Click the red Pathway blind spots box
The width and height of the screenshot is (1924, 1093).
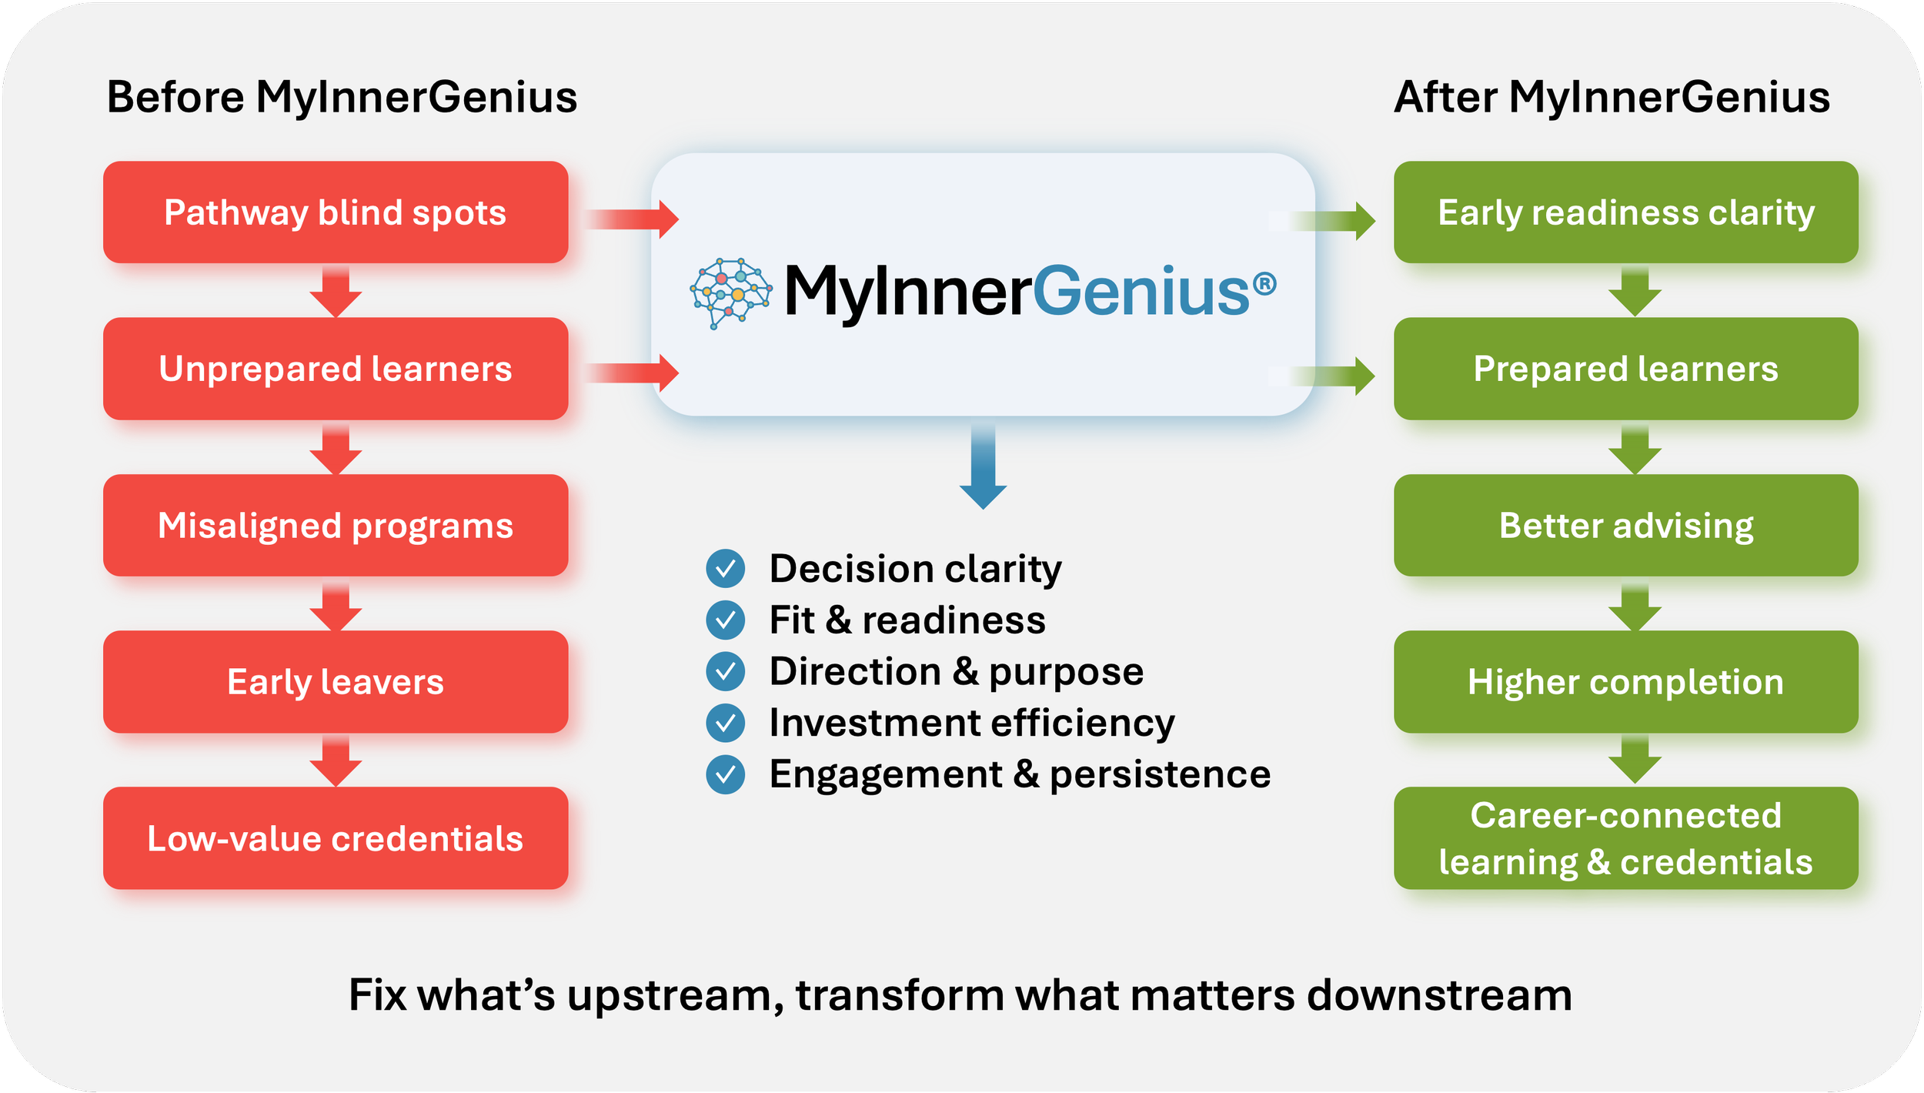pyautogui.click(x=336, y=212)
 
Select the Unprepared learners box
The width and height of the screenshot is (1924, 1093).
pyautogui.click(x=336, y=369)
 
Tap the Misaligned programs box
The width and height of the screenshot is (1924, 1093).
pyautogui.click(x=336, y=526)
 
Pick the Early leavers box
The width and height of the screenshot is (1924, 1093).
pyautogui.click(x=336, y=682)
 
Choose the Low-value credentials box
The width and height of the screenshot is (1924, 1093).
pyautogui.click(x=336, y=838)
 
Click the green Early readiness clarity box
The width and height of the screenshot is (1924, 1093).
pyautogui.click(x=1625, y=212)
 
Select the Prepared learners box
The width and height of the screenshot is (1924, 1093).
pyautogui.click(x=1625, y=369)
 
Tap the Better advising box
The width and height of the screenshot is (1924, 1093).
pyautogui.click(x=1625, y=526)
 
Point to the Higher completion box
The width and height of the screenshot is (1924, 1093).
pyautogui.click(x=1625, y=682)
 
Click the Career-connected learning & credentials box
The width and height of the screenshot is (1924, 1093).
pyautogui.click(x=1625, y=838)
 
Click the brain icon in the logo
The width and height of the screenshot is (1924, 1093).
pyautogui.click(x=730, y=292)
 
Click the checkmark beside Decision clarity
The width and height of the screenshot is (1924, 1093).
pyautogui.click(x=725, y=569)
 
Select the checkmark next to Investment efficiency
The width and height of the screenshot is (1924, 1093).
pyautogui.click(x=725, y=723)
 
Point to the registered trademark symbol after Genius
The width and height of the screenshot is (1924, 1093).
pyautogui.click(x=1264, y=285)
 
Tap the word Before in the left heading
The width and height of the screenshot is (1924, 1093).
pyautogui.click(x=175, y=98)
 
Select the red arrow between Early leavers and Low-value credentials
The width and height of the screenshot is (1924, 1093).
pyautogui.click(x=336, y=760)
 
